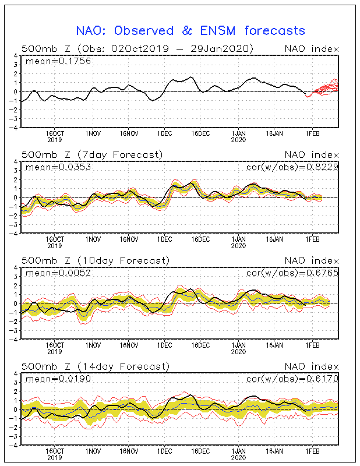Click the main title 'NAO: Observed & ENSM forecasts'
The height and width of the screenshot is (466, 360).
[x=190, y=31]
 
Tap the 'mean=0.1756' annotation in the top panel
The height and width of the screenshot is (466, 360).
[x=58, y=61]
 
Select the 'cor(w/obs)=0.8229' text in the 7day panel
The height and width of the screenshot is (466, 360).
[x=292, y=167]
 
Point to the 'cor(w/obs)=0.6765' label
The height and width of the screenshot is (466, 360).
[x=292, y=273]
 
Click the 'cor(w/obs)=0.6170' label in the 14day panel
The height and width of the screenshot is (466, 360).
[x=292, y=379]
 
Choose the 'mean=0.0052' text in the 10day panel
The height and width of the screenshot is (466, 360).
[x=58, y=273]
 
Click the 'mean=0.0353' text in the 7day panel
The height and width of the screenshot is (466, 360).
[x=58, y=167]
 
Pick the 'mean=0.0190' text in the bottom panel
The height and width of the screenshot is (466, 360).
[x=58, y=379]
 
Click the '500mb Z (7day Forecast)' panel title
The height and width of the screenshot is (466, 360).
[x=92, y=155]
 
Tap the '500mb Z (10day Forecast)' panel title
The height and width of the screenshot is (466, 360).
[x=96, y=260]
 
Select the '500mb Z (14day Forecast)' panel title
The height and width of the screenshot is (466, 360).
[x=96, y=366]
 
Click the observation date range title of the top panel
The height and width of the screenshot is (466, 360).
[x=137, y=49]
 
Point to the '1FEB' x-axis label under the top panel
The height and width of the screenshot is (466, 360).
[x=312, y=134]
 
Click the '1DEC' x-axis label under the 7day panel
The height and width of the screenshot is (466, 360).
[x=164, y=239]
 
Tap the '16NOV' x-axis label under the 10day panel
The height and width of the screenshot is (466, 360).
[x=129, y=345]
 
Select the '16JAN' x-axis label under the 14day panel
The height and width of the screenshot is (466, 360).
[x=274, y=451]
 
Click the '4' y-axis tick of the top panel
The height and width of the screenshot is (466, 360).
[x=16, y=56]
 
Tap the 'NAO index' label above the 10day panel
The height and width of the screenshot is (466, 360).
[x=312, y=260]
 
